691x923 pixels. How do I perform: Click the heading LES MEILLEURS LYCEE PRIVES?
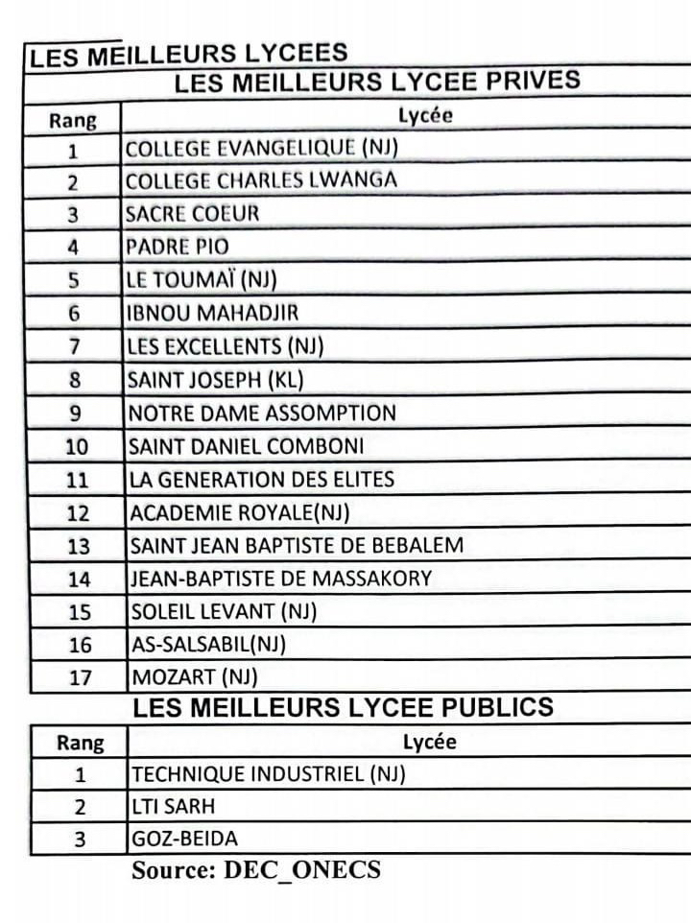point(377,83)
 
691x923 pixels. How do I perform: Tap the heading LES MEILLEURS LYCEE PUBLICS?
point(343,709)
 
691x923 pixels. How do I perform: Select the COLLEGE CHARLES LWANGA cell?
point(261,180)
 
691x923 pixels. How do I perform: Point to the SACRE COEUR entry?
point(193,213)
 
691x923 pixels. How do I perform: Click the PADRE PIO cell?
point(179,247)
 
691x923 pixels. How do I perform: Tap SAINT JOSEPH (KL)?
point(216,380)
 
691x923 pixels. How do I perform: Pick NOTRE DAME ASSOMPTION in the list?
point(262,414)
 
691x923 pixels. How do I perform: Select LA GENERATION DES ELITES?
point(262,479)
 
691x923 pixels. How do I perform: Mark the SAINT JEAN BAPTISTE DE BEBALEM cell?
point(297,546)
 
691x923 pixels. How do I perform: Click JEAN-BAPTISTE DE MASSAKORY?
point(281,579)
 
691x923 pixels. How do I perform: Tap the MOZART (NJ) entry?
point(195,677)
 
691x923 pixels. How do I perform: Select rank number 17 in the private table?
point(80,678)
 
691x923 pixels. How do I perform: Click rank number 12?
point(78,513)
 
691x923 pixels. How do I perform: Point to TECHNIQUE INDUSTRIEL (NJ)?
point(269,774)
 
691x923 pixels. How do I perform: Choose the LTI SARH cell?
point(174,807)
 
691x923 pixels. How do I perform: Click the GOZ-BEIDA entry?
point(184,840)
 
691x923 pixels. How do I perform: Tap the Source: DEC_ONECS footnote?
point(256,871)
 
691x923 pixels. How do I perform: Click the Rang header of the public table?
point(80,743)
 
